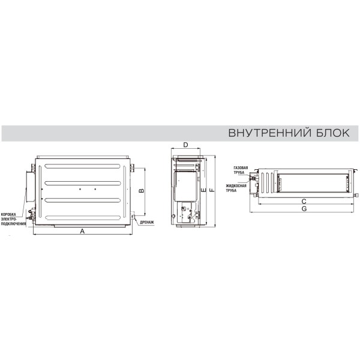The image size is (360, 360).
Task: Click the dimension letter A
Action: tap(82, 231)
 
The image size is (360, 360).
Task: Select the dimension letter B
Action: tap(142, 191)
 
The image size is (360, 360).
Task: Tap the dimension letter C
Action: tap(304, 202)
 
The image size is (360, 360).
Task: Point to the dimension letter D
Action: tap(185, 145)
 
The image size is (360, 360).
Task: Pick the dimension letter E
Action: tap(203, 190)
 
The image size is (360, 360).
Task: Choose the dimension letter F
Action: tap(212, 190)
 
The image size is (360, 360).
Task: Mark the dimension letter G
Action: tap(304, 209)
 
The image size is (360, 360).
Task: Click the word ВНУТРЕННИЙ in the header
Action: tap(270, 133)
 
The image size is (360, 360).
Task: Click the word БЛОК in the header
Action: tap(333, 133)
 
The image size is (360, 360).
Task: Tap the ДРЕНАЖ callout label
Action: tap(147, 223)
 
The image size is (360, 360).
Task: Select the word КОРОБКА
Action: tap(8, 214)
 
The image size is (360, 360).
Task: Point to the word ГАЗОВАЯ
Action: tap(241, 168)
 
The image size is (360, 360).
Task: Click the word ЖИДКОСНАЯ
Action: tap(236, 186)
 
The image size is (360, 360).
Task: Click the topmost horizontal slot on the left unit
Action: tap(82, 166)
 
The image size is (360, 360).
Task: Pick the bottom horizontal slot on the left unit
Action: tap(83, 218)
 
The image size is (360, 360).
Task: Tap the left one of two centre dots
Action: tap(80, 189)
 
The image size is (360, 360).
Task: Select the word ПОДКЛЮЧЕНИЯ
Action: tap(14, 224)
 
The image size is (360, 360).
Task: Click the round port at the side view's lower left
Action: tap(173, 216)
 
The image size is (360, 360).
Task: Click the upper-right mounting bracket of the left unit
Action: tap(133, 168)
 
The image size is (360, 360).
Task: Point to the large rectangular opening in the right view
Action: tap(313, 183)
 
